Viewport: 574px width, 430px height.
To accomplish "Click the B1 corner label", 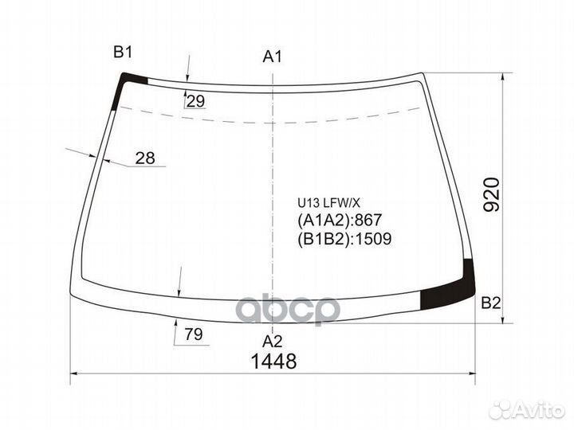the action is click(x=123, y=53).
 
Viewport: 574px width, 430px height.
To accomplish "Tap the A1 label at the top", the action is click(x=273, y=57).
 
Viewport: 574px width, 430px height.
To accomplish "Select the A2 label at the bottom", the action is click(x=273, y=341).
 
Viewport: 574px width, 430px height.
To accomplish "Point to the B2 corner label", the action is click(x=490, y=303).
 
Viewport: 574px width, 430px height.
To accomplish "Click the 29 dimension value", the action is click(x=195, y=101).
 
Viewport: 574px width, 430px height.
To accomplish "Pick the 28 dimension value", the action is click(x=145, y=158).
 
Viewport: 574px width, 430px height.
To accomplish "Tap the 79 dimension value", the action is click(x=194, y=334).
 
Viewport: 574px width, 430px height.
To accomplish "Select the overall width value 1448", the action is click(x=273, y=362).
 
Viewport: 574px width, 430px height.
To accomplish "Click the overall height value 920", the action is click(x=491, y=195).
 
